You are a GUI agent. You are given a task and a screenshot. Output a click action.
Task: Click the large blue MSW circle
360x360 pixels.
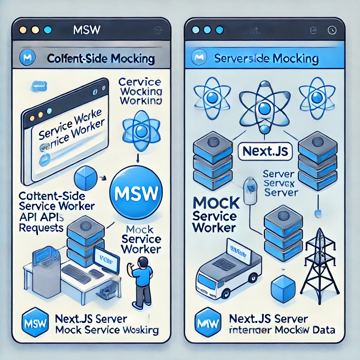point(136,192)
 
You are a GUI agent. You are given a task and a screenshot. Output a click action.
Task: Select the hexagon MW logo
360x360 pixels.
point(205,321)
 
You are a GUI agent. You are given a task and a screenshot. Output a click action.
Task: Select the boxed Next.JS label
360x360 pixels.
point(265,151)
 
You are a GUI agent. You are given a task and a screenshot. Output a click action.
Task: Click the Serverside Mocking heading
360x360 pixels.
point(266,58)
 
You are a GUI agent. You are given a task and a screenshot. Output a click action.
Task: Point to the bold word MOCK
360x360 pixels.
point(216,203)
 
